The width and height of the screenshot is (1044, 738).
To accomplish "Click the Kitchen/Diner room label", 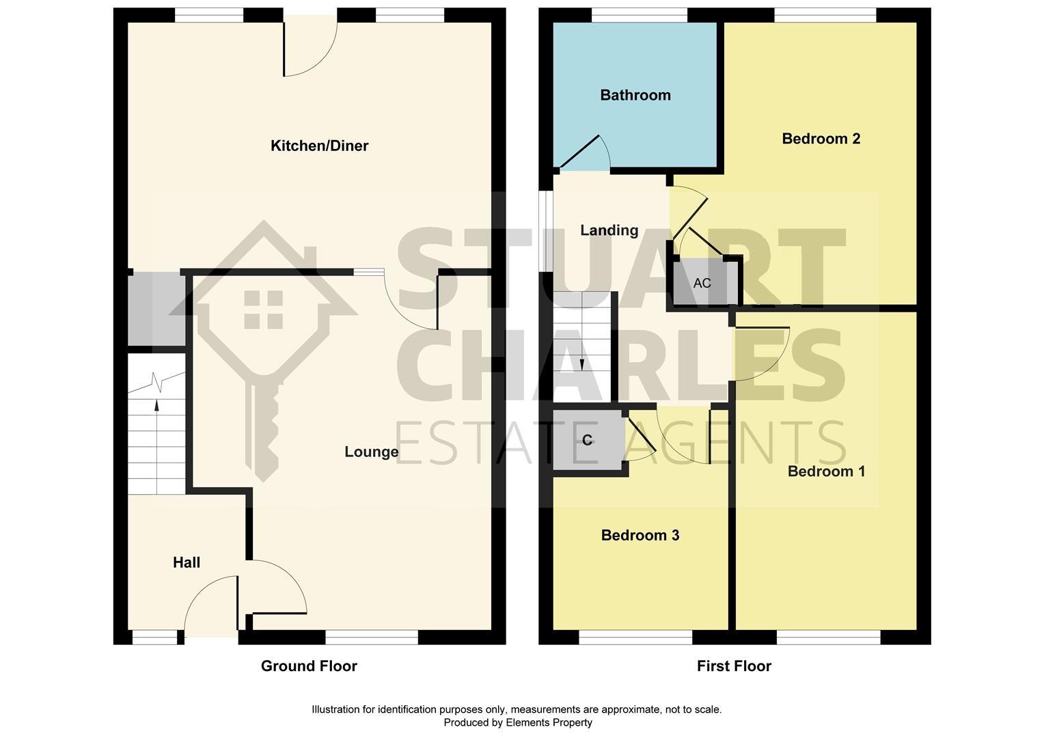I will (x=319, y=146).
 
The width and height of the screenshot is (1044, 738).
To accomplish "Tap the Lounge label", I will (x=371, y=452).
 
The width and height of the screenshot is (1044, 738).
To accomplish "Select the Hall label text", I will (x=186, y=562).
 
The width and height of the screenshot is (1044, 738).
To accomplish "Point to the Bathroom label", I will (x=635, y=95).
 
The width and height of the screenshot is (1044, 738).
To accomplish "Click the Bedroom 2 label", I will (x=821, y=139).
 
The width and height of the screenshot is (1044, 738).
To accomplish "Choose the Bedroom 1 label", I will (x=826, y=471).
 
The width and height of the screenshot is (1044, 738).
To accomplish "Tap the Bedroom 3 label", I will (x=640, y=535).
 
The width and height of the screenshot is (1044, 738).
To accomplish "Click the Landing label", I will (x=609, y=230).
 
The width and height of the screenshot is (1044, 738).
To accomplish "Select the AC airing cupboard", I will (x=703, y=282).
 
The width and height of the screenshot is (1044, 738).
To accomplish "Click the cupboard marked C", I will (x=588, y=441).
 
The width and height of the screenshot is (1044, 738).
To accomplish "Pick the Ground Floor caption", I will (x=309, y=666).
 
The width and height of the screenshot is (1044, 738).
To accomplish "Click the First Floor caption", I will (x=734, y=666).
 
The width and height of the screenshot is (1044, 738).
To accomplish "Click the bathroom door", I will (x=584, y=152).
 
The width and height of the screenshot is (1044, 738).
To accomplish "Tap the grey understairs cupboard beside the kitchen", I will (x=155, y=309).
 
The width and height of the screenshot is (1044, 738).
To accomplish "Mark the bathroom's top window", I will (x=639, y=15).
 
